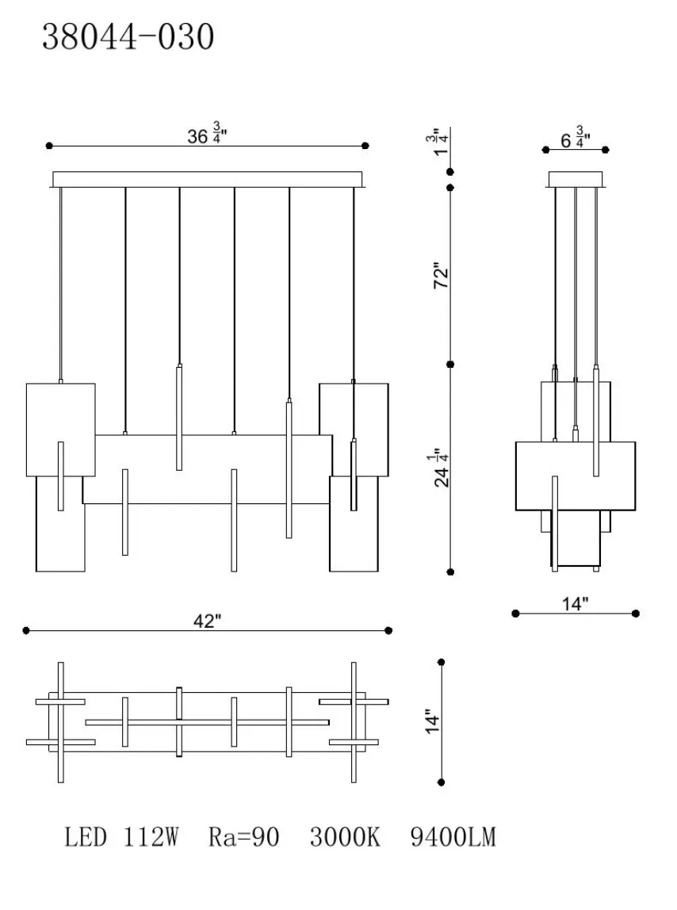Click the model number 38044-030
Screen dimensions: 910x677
click(128, 36)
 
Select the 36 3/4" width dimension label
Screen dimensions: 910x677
click(208, 135)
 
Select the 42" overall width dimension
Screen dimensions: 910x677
click(206, 621)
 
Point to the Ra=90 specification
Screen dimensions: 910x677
click(243, 837)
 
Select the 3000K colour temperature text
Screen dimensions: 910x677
click(345, 837)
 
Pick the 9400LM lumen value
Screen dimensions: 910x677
click(453, 837)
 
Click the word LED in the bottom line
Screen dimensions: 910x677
click(86, 837)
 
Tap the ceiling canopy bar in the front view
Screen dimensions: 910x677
click(207, 179)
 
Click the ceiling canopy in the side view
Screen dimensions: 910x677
click(576, 180)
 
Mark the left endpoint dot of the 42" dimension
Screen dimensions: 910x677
click(26, 631)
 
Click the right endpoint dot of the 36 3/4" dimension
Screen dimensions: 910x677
click(365, 146)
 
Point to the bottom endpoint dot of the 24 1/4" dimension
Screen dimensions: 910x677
click(450, 571)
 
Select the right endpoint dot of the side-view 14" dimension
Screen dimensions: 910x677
click(637, 613)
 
